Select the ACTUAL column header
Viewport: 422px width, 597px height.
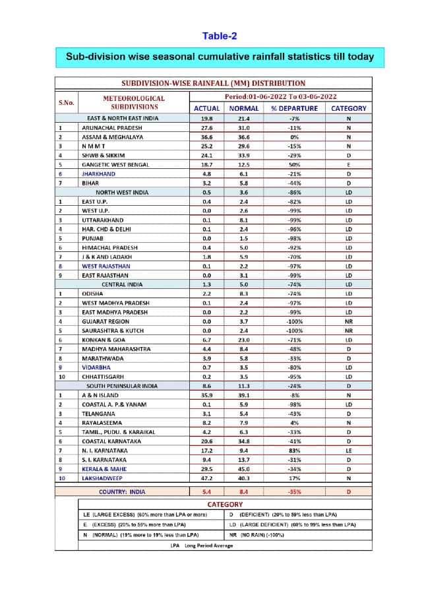click(x=206, y=108)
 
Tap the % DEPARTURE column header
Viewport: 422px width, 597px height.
click(x=294, y=108)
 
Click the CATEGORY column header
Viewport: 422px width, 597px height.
click(x=348, y=108)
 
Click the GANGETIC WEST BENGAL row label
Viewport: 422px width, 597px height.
click(x=115, y=164)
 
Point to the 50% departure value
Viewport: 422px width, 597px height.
click(x=294, y=164)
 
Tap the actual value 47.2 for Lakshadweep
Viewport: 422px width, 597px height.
click(x=206, y=478)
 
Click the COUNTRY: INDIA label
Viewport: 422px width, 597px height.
click(x=123, y=491)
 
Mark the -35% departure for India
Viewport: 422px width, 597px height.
click(x=294, y=491)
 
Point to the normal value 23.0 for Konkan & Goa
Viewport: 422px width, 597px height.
click(x=243, y=340)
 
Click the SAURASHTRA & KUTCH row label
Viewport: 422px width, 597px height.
click(x=114, y=330)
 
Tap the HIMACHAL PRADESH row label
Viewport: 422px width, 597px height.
click(x=110, y=247)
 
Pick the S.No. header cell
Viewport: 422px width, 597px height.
click(x=67, y=102)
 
